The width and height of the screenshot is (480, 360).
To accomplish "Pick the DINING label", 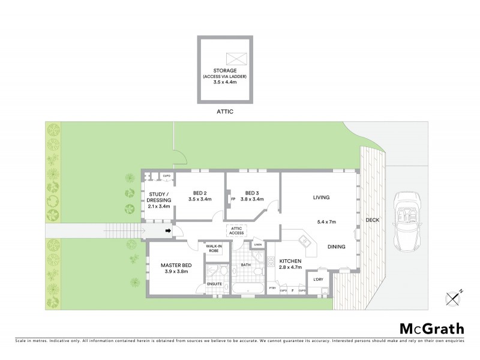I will (x=337, y=247).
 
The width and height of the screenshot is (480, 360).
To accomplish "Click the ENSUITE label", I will (x=215, y=284).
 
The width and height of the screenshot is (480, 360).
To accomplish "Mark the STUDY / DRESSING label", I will (x=159, y=196).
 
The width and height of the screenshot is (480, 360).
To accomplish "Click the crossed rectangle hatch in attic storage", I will (x=235, y=59).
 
